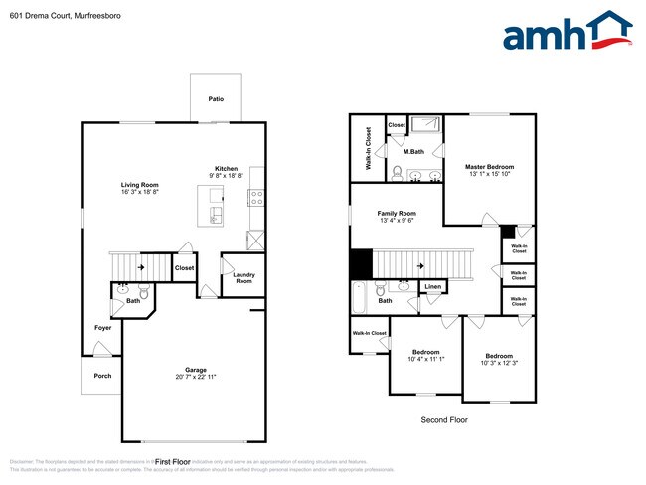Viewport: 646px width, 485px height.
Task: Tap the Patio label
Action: coord(216,99)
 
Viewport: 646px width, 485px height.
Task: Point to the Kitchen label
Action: coord(227,169)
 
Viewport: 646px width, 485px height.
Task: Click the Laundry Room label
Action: coord(243,278)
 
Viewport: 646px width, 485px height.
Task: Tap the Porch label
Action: coord(102,376)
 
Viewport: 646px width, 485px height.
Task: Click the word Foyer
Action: coord(103,327)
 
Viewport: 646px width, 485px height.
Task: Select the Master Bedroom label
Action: coord(490,166)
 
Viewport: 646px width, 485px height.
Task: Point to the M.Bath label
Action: coord(414,152)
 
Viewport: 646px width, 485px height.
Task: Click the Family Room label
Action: coord(397,214)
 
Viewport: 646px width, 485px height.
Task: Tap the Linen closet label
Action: coord(432,287)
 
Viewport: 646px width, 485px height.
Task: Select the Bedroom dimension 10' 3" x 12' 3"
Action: coord(499,363)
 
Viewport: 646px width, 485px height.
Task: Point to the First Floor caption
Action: coord(173,462)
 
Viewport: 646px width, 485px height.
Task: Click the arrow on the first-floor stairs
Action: coord(141,266)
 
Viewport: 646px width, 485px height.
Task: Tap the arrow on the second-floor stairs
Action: coord(422,265)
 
